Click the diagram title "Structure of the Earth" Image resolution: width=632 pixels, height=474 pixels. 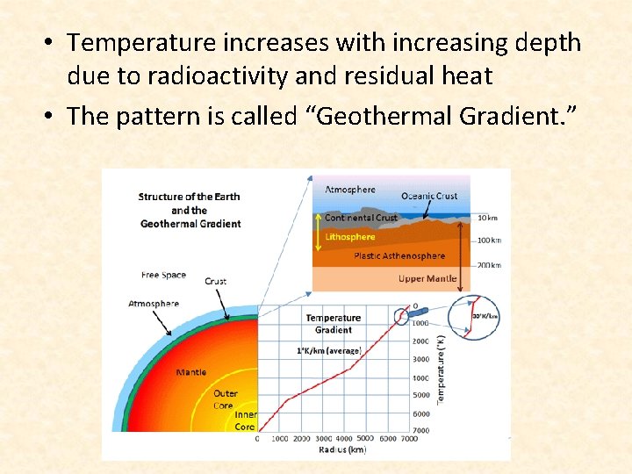tap(189, 197)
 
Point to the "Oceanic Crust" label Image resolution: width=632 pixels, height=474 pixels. tap(429, 197)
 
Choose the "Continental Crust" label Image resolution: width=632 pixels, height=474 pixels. tap(361, 218)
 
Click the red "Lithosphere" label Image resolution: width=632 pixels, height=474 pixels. tap(350, 237)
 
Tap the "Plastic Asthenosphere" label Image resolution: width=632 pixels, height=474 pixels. tap(399, 256)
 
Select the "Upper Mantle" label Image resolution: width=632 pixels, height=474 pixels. tap(428, 279)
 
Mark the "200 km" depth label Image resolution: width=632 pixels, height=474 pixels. tap(490, 264)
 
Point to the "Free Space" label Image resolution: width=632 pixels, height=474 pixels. tap(163, 276)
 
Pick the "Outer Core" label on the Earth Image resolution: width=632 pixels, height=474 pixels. tap(224, 399)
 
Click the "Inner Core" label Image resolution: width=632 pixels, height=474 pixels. tap(245, 420)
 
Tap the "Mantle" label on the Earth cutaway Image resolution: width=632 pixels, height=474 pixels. tap(190, 372)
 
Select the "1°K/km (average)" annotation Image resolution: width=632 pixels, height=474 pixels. tap(329, 351)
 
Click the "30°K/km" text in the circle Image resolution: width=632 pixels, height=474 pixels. tap(485, 316)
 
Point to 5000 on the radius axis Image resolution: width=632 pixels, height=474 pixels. tap(365, 437)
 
